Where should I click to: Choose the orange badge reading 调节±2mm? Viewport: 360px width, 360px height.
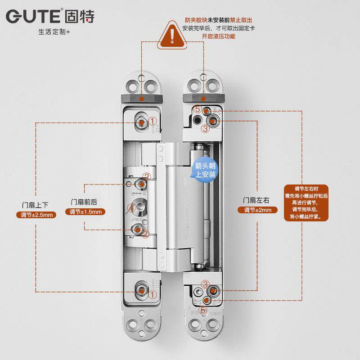pos(257,210)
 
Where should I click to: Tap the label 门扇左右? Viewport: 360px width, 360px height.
pos(257,200)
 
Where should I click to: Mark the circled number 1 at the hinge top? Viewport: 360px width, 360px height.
pos(153,121)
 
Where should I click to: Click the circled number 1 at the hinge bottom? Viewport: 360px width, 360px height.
pos(153,294)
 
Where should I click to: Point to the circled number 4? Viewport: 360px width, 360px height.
pos(131,208)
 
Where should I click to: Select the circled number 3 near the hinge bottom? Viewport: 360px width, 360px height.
pos(205,284)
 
